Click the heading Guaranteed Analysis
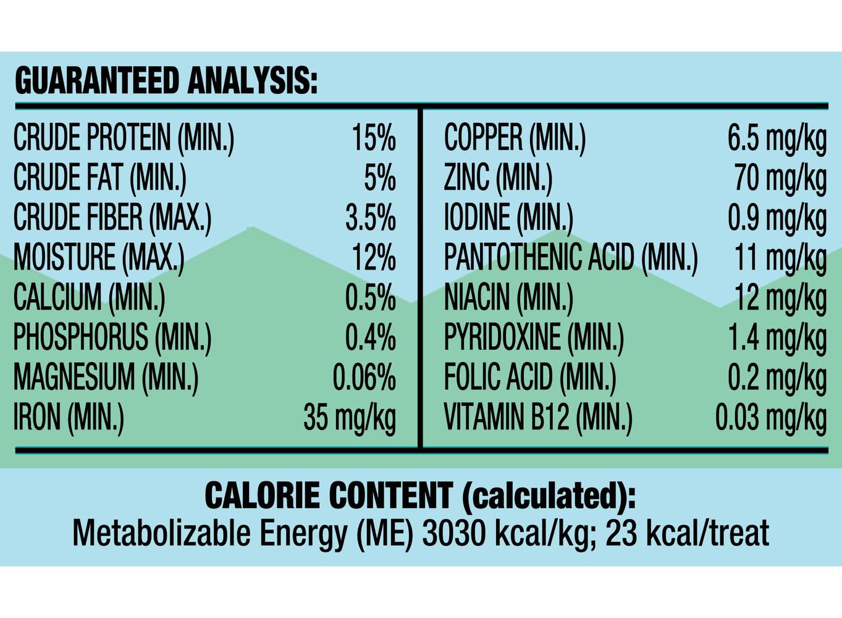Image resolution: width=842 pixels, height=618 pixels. pyautogui.click(x=166, y=81)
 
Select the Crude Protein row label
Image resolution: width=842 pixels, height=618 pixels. pyautogui.click(x=124, y=138)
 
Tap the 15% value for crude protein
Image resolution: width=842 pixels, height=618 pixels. pyautogui.click(x=374, y=138)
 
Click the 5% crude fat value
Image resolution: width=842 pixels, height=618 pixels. pyautogui.click(x=380, y=178)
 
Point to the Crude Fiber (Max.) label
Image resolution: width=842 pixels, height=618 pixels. pyautogui.click(x=112, y=218)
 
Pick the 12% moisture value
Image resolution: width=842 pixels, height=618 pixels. pyautogui.click(x=374, y=258)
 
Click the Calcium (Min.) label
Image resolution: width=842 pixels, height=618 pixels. pyautogui.click(x=90, y=297)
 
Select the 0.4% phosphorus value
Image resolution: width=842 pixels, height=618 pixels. pyautogui.click(x=371, y=337)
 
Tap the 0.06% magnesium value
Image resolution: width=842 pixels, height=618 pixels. pyautogui.click(x=364, y=377)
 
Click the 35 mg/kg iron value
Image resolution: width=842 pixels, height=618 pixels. pyautogui.click(x=350, y=418)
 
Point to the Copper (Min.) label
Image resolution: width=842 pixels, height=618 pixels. pyautogui.click(x=515, y=138)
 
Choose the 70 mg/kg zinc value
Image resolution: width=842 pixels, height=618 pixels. pyautogui.click(x=780, y=178)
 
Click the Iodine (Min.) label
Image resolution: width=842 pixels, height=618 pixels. pyautogui.click(x=508, y=218)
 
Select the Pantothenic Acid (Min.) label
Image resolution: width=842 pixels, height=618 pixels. pyautogui.click(x=571, y=258)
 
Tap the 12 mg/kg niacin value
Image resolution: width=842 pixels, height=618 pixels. pyautogui.click(x=780, y=297)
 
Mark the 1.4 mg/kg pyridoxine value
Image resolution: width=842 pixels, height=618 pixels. pyautogui.click(x=777, y=337)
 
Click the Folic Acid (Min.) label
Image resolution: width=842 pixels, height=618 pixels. pyautogui.click(x=530, y=377)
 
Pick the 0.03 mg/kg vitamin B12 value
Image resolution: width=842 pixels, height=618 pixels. pyautogui.click(x=771, y=418)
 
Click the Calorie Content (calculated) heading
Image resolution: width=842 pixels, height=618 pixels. pyautogui.click(x=420, y=496)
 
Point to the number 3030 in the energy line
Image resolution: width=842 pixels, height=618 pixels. pyautogui.click(x=453, y=533)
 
